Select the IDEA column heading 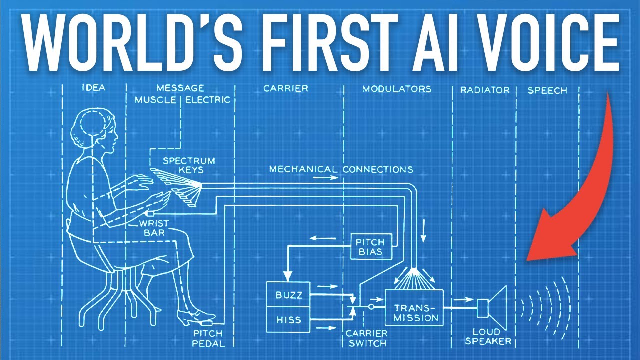click(x=93, y=88)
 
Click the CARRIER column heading click(x=286, y=88)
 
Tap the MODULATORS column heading click(x=397, y=89)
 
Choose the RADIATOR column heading click(x=485, y=90)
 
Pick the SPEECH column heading click(x=547, y=90)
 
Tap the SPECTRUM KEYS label click(x=189, y=165)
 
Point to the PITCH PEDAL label click(x=209, y=338)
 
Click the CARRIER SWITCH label click(x=366, y=338)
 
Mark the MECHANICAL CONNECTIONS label click(x=341, y=169)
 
